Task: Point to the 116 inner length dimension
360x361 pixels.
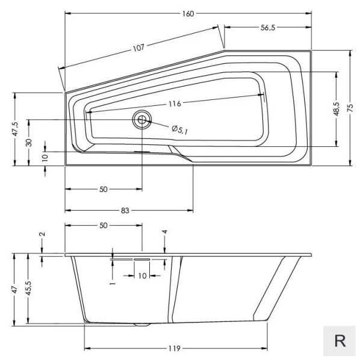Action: pos(175,103)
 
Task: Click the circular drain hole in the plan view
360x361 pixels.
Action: pos(143,120)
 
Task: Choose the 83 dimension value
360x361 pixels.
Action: pos(125,210)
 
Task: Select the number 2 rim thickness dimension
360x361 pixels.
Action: pos(42,235)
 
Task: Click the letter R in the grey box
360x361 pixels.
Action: pos(340,341)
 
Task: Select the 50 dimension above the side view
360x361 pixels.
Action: pos(103,225)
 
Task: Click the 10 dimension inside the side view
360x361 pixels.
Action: pos(142,276)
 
